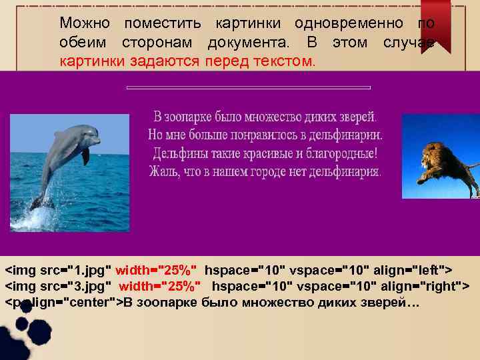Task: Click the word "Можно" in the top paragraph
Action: click(x=85, y=23)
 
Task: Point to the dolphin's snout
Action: click(x=97, y=142)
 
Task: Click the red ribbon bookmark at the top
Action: click(x=435, y=24)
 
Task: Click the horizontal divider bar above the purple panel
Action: click(x=248, y=87)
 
